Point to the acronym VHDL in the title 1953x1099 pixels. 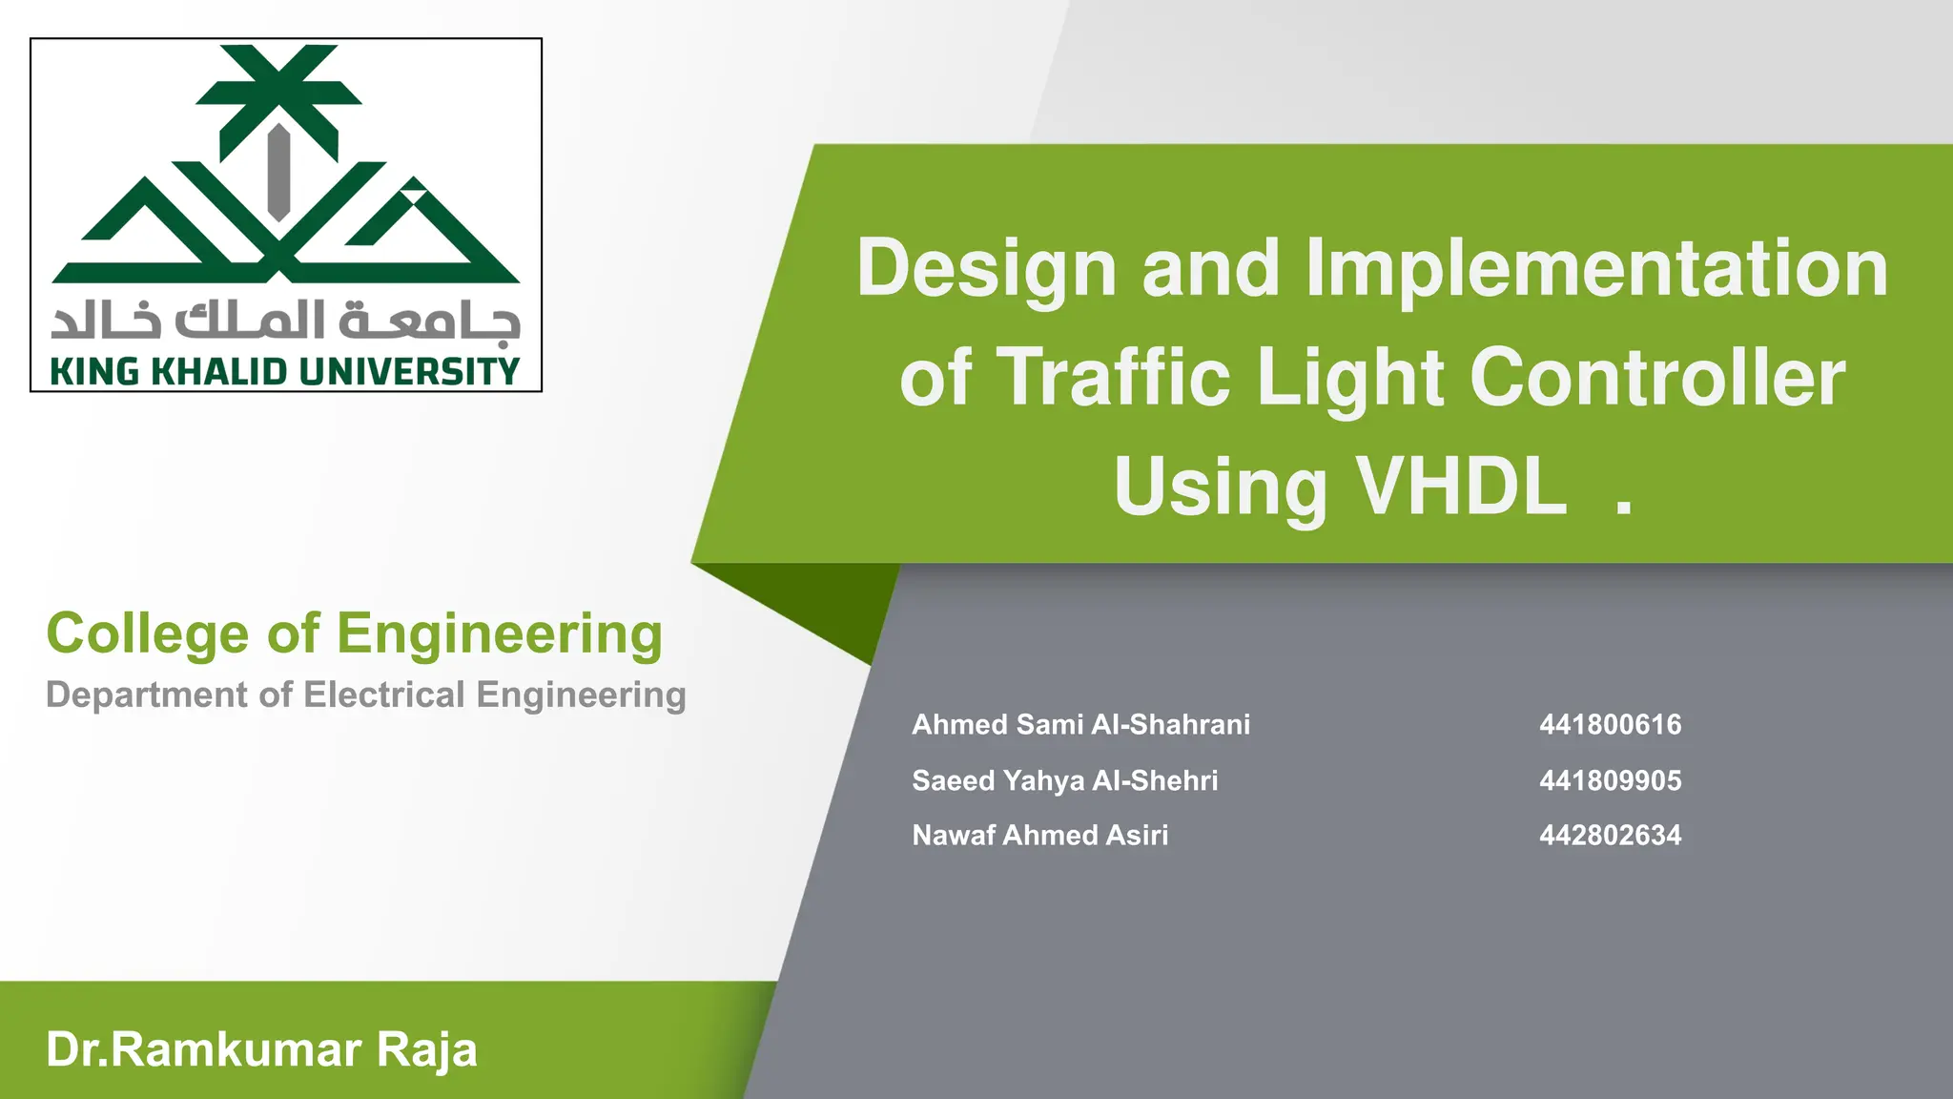pyautogui.click(x=1460, y=487)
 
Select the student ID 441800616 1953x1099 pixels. pyautogui.click(x=1610, y=725)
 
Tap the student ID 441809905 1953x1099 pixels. pyautogui.click(x=1610, y=780)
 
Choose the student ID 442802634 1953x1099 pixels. pyautogui.click(x=1610, y=836)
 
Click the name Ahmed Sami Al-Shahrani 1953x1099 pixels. pyautogui.click(x=1080, y=725)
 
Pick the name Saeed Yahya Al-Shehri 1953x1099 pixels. pyautogui.click(x=1064, y=780)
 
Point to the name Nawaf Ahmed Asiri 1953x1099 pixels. pyautogui.click(x=1039, y=836)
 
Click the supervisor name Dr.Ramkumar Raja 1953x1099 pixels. pyautogui.click(x=261, y=1049)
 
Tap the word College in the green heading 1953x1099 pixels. pyautogui.click(x=147, y=633)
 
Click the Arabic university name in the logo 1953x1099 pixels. pyautogui.click(x=286, y=321)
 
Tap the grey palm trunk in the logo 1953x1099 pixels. pyautogui.click(x=278, y=172)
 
